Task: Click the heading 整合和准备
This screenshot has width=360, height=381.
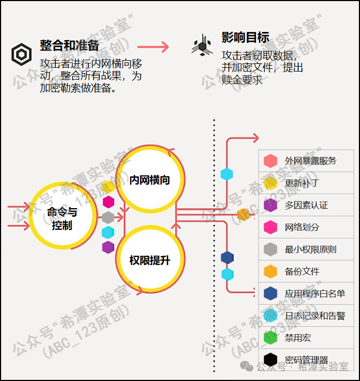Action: (x=69, y=46)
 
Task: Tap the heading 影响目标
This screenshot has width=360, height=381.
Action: (x=245, y=37)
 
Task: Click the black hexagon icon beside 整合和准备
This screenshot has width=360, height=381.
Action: (x=22, y=54)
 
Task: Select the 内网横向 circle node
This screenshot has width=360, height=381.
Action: (x=150, y=180)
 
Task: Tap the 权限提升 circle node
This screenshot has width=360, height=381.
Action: (x=150, y=261)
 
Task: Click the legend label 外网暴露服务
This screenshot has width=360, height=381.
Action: (x=310, y=161)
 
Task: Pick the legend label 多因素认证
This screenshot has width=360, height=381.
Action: (x=306, y=205)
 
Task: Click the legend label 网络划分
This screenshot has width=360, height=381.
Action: (x=302, y=227)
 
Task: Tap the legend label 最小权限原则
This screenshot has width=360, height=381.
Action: (x=310, y=249)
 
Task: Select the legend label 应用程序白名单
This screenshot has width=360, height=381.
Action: (x=314, y=294)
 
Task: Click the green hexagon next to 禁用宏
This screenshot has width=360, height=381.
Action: (x=271, y=338)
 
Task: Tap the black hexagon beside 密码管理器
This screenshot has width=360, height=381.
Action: (x=271, y=359)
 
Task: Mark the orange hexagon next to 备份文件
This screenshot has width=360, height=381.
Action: (x=271, y=272)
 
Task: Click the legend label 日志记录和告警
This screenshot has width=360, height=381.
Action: (x=314, y=315)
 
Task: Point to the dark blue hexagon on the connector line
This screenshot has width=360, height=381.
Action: (x=227, y=257)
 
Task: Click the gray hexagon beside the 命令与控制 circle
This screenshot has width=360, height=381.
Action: (x=108, y=217)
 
